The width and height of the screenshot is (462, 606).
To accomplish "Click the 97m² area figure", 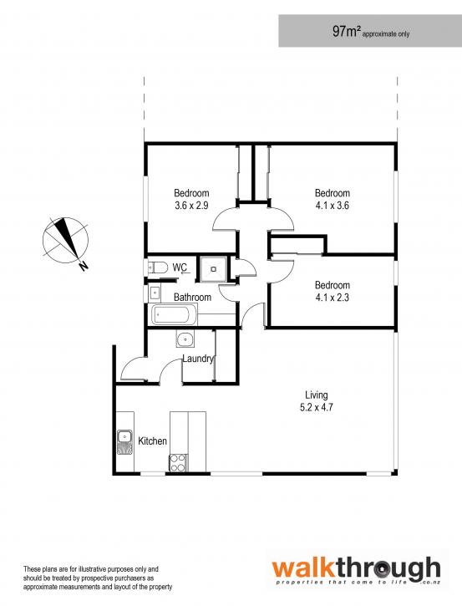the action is click(347, 31).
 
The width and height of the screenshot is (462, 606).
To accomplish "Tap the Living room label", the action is click(317, 395).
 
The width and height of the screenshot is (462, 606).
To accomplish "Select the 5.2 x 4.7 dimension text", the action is click(317, 407).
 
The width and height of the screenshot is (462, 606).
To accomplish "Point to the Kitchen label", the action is click(153, 441).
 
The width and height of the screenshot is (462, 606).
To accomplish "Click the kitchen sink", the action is click(124, 441).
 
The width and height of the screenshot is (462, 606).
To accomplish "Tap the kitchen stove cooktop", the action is click(178, 462).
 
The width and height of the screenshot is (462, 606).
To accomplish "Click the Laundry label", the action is click(198, 359).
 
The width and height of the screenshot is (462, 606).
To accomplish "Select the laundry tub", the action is click(185, 339).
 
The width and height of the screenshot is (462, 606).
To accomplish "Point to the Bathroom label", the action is click(192, 298).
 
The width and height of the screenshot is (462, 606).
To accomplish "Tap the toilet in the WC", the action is click(158, 267).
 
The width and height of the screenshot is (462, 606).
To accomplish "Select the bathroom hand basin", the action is click(154, 293).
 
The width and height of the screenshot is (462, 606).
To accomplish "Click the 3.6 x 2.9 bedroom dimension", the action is click(191, 206).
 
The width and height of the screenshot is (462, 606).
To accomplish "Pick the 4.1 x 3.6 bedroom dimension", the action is click(333, 206).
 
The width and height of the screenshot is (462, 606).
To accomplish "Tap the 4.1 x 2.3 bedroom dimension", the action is click(333, 298).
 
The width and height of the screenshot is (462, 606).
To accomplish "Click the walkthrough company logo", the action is click(356, 570).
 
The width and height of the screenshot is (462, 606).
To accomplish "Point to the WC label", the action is click(180, 267).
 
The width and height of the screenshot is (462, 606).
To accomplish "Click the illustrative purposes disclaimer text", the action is click(98, 578).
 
